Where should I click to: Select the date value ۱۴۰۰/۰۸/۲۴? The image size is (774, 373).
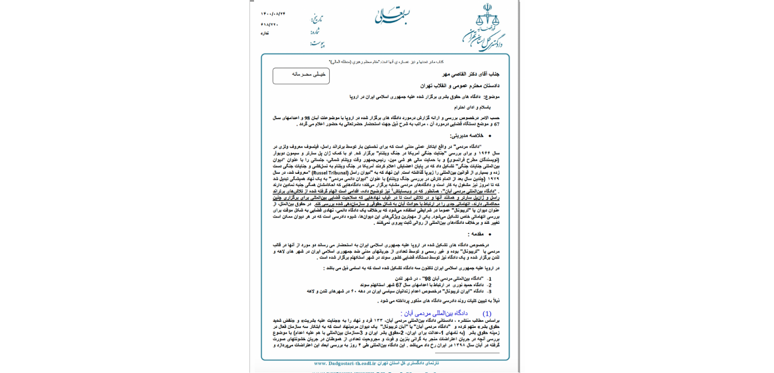pos(273,14)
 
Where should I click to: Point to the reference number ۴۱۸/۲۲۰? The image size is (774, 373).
pos(269,24)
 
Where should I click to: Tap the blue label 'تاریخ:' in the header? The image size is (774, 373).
pos(316,19)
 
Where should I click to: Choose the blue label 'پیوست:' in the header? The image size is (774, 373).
pos(316,43)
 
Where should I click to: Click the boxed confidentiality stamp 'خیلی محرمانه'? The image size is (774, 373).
pos(301,75)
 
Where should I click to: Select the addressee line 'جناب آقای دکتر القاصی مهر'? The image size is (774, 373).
pos(471,74)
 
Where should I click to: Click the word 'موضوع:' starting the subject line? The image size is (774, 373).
pos(492,96)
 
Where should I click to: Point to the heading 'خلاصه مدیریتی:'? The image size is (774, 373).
pos(466,135)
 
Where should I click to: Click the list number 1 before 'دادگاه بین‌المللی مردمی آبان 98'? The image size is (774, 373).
pos(490,278)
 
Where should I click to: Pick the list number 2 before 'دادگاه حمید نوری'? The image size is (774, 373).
pos(490,285)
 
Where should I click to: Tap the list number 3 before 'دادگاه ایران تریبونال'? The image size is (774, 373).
pos(490,291)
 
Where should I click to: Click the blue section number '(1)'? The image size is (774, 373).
pos(487,313)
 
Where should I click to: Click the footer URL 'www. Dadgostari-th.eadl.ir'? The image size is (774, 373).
pos(345,363)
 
